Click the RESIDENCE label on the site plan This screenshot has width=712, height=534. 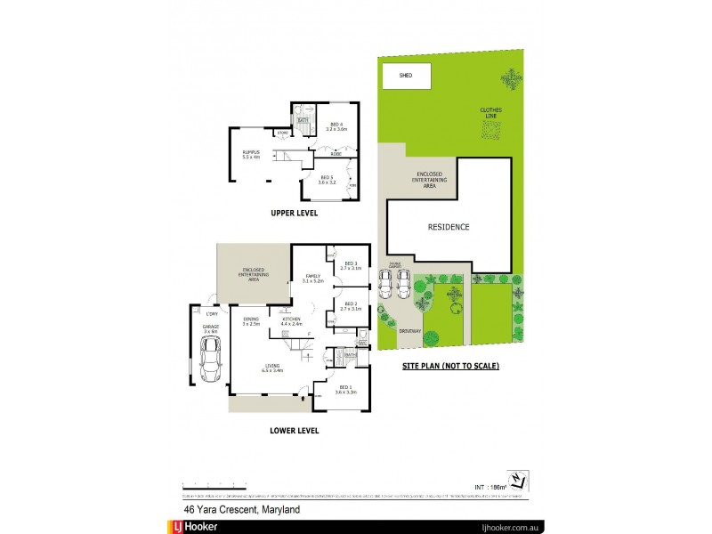[x=449, y=227]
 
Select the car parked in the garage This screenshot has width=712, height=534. [x=212, y=360]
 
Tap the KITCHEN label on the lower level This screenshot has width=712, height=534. [x=292, y=321]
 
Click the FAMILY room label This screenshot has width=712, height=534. [x=311, y=278]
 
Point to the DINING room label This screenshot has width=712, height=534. [x=250, y=321]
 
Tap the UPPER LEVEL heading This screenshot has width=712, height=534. [x=295, y=214]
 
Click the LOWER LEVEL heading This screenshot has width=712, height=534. [x=295, y=430]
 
